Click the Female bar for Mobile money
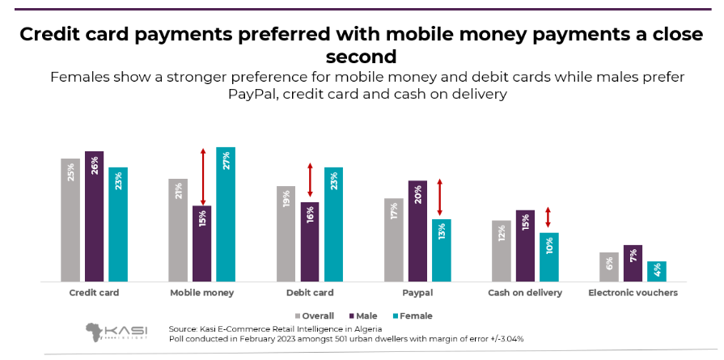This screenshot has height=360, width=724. [x=226, y=214]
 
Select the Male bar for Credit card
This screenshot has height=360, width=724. [x=94, y=216]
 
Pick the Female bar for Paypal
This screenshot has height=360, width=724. [x=441, y=250]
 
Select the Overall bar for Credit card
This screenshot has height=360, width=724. [x=70, y=219]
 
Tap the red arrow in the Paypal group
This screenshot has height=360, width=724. [x=439, y=197]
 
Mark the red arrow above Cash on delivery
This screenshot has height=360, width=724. [x=548, y=217]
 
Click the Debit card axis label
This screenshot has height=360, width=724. [x=310, y=293]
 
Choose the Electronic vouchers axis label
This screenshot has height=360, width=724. [x=633, y=293]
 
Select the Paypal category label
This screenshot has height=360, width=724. [x=417, y=293]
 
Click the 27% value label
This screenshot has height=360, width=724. [x=227, y=160]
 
